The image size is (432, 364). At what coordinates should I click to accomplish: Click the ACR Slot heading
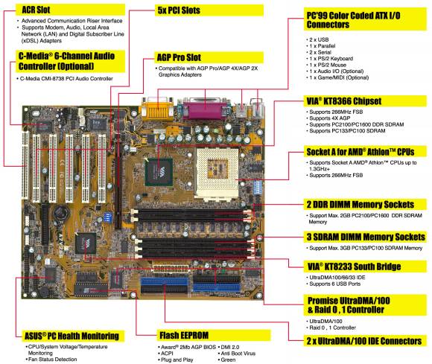(x=36, y=10)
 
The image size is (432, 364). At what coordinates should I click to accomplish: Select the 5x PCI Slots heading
(x=179, y=10)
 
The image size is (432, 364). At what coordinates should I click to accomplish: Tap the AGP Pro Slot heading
(x=179, y=57)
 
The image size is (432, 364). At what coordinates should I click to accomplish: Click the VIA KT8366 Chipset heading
(x=344, y=101)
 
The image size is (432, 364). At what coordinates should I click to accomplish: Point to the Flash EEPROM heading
(x=184, y=336)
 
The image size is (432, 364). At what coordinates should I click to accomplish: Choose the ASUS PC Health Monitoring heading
(x=72, y=336)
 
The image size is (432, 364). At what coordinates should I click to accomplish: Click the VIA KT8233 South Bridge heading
(x=354, y=266)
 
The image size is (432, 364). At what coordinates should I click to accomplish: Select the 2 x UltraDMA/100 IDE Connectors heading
(x=364, y=341)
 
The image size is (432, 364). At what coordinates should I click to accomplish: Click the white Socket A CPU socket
(x=217, y=173)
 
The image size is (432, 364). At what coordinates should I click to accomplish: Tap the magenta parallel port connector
(x=206, y=108)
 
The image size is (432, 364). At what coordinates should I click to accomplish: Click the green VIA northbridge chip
(x=159, y=171)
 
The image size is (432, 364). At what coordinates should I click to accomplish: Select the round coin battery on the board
(x=61, y=213)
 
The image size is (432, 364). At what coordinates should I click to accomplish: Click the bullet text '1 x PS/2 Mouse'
(x=328, y=65)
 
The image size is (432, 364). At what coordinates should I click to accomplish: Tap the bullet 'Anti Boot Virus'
(x=238, y=354)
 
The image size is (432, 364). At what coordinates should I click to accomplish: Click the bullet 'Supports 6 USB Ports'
(x=334, y=284)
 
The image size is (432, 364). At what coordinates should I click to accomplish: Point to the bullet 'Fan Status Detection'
(x=52, y=360)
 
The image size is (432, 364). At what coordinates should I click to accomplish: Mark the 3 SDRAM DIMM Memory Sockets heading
(x=366, y=237)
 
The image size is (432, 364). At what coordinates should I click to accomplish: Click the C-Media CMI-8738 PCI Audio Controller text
(x=66, y=79)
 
